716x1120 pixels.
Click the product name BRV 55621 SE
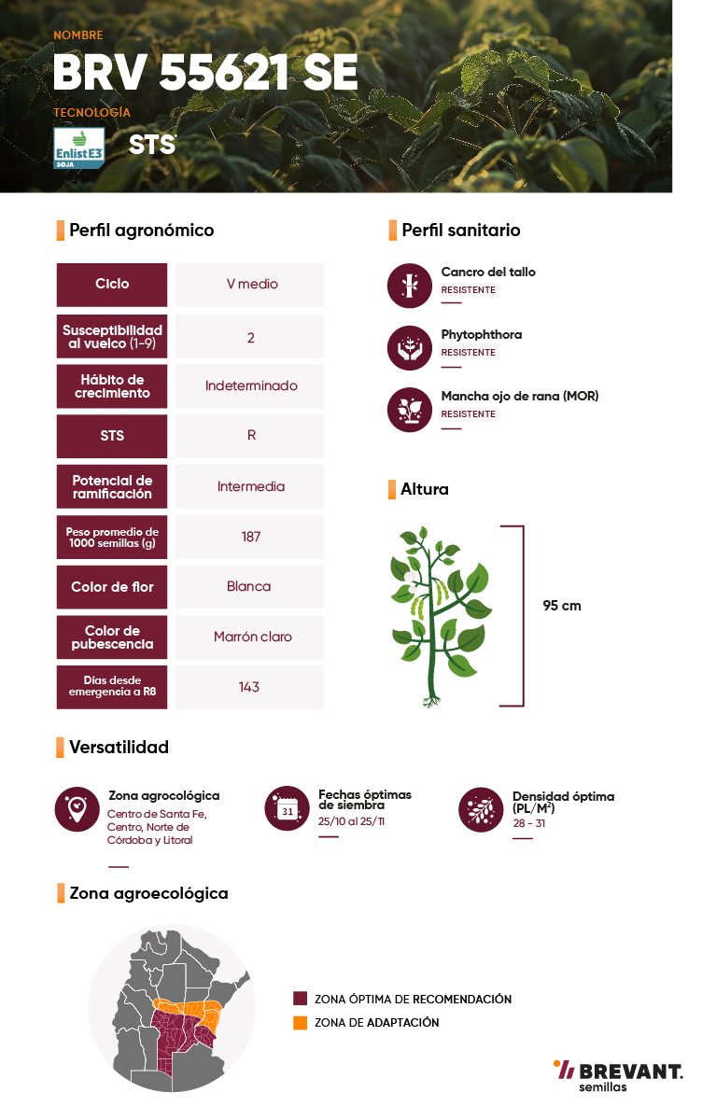click(x=205, y=72)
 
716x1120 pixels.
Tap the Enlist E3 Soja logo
click(x=79, y=148)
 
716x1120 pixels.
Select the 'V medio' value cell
click(x=249, y=285)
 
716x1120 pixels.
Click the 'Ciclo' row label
click(x=112, y=285)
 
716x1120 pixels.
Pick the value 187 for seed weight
click(x=249, y=537)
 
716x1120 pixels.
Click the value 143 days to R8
click(x=249, y=687)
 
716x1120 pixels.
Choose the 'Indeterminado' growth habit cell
click(x=249, y=386)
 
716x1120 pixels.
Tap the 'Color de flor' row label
click(x=112, y=587)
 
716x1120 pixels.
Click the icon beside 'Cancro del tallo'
click(x=410, y=286)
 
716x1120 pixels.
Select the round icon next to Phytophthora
click(x=410, y=348)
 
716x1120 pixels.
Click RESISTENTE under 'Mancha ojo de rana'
click(x=468, y=414)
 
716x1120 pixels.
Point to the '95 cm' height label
click(x=561, y=606)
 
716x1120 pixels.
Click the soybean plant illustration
click(x=440, y=617)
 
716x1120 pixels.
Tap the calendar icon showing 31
click(x=287, y=808)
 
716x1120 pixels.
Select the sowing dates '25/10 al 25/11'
click(x=351, y=821)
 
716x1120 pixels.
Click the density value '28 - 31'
click(x=529, y=823)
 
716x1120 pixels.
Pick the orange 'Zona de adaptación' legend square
click(x=300, y=1023)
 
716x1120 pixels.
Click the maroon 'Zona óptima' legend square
click(x=300, y=999)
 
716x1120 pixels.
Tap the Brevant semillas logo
click(x=618, y=1075)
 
